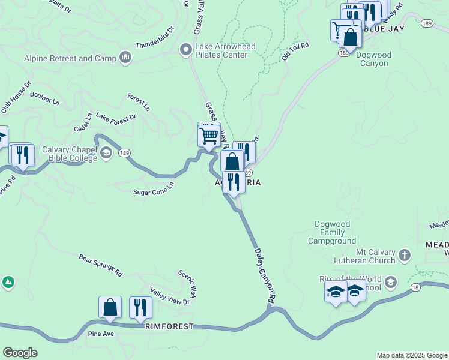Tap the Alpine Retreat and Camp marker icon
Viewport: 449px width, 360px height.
click(126, 58)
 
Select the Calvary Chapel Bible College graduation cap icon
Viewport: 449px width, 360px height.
click(106, 153)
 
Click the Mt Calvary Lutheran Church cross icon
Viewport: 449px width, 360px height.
click(405, 254)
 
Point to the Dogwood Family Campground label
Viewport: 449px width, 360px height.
click(332, 233)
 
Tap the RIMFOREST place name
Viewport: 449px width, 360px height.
click(169, 326)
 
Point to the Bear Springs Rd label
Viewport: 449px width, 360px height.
click(100, 265)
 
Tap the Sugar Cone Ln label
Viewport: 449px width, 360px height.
click(153, 188)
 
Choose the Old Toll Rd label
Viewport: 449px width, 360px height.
click(295, 52)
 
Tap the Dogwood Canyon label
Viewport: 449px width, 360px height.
click(373, 59)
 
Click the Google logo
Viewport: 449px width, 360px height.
click(20, 353)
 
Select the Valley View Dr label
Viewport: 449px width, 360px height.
click(170, 298)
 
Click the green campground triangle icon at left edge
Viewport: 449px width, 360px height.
click(8, 282)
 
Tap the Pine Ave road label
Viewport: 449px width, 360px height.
click(101, 333)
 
